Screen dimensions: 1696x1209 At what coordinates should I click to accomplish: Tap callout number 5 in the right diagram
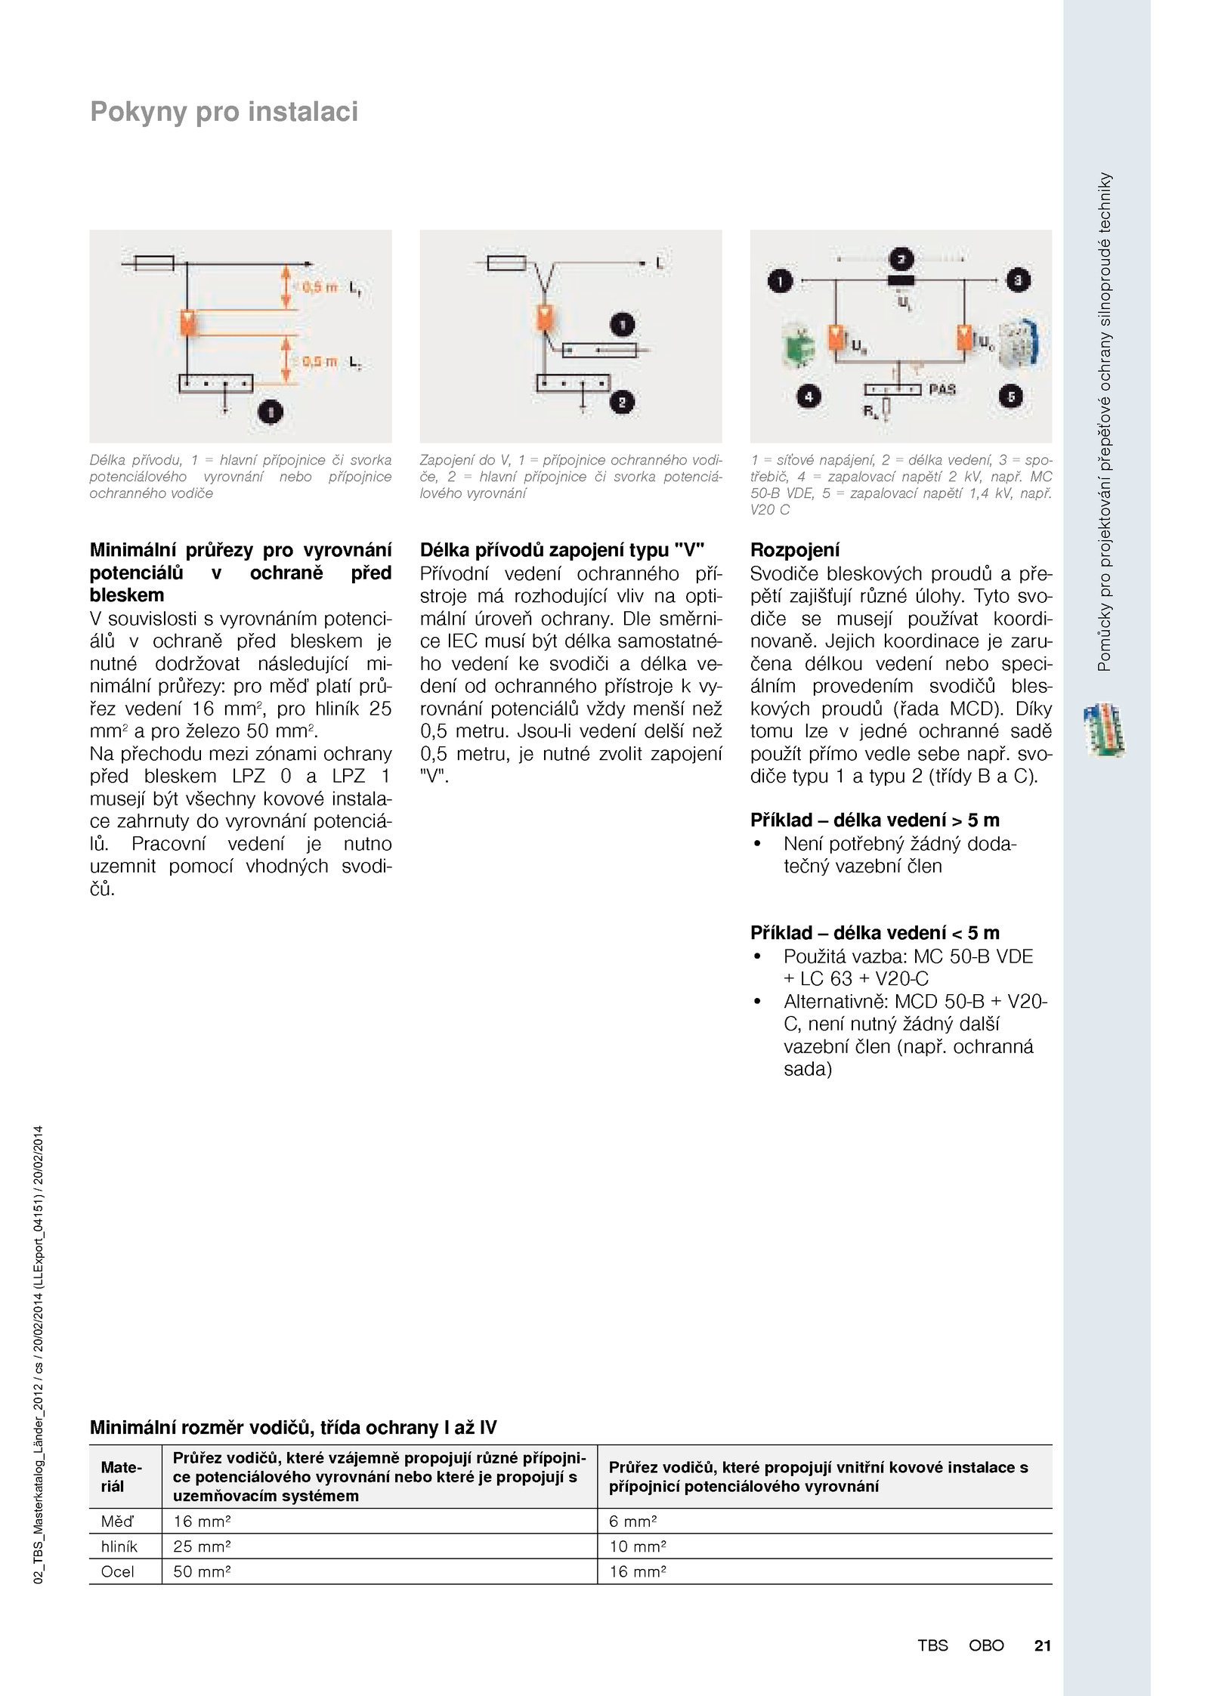1011,396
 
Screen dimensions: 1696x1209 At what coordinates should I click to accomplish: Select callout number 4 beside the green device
809,396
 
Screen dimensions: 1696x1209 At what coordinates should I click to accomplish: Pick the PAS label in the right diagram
942,389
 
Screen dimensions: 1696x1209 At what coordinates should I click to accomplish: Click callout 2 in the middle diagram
622,403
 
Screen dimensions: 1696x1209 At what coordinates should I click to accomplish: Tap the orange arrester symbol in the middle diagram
543,318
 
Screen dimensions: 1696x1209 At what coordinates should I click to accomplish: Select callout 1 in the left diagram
271,412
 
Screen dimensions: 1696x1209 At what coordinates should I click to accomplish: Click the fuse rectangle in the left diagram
154,263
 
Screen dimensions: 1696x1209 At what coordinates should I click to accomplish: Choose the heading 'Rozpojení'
794,550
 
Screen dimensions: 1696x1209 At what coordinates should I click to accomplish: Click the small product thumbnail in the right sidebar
1103,730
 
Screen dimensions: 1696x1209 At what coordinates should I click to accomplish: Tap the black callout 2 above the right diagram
900,260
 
